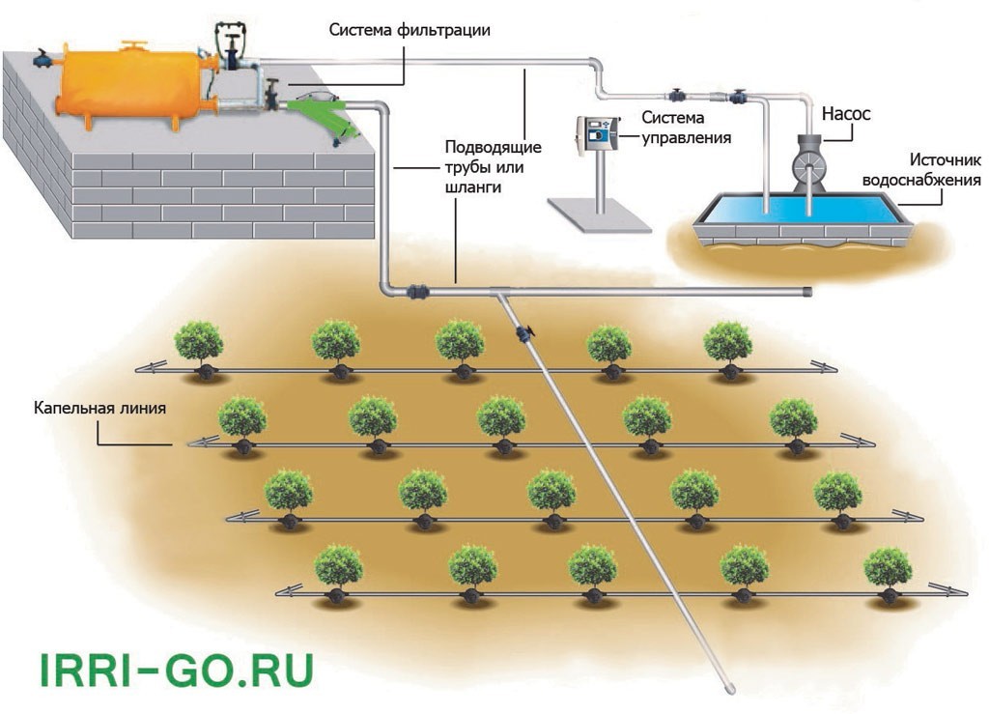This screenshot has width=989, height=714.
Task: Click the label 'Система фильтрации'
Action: pyautogui.click(x=410, y=30)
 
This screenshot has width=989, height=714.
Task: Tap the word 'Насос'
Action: pyautogui.click(x=846, y=114)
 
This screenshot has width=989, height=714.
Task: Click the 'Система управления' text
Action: pyautogui.click(x=686, y=127)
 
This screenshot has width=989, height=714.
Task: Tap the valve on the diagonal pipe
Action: pyautogui.click(x=524, y=334)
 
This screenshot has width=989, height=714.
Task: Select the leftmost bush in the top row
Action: pyautogui.click(x=199, y=342)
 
